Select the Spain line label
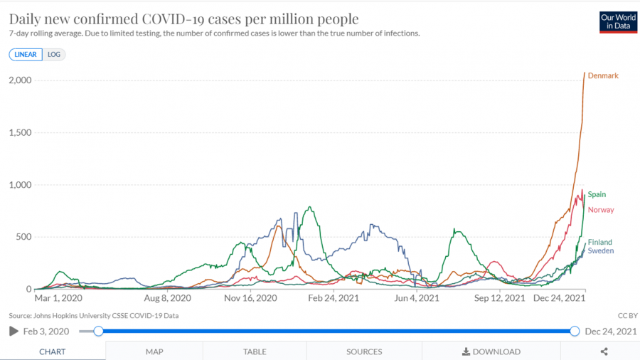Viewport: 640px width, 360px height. pyautogui.click(x=597, y=194)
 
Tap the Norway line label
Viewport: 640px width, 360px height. pyautogui.click(x=601, y=210)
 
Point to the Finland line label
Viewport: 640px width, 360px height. pyautogui.click(x=599, y=242)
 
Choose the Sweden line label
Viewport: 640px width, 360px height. pyautogui.click(x=600, y=250)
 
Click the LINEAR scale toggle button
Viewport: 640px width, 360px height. pyautogui.click(x=26, y=54)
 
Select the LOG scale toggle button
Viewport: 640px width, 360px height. pyautogui.click(x=54, y=54)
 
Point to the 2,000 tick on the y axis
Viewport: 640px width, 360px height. pyautogui.click(x=20, y=80)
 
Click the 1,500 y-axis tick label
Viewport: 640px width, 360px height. pyautogui.click(x=20, y=132)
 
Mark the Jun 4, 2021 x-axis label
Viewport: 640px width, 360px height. pyautogui.click(x=418, y=299)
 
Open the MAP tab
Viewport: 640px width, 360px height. pyautogui.click(x=154, y=351)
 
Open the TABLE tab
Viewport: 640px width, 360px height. pyautogui.click(x=255, y=351)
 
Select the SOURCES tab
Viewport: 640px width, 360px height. pyautogui.click(x=364, y=351)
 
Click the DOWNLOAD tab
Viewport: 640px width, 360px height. pyautogui.click(x=491, y=351)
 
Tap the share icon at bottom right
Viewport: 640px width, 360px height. pyautogui.click(x=604, y=351)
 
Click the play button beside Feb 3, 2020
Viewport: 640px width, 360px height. pyautogui.click(x=13, y=331)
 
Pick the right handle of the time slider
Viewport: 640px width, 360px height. pyautogui.click(x=575, y=331)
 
